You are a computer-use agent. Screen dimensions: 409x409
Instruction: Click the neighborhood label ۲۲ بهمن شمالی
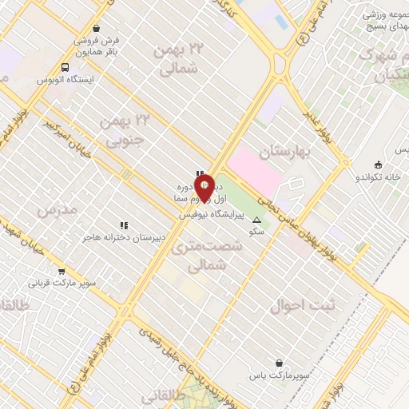[x=179, y=60]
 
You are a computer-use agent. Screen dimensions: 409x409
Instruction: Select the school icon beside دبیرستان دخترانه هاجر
[x=124, y=226]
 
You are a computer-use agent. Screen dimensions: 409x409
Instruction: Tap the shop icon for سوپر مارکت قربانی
[x=62, y=271]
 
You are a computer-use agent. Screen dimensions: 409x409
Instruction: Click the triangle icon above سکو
[x=256, y=220]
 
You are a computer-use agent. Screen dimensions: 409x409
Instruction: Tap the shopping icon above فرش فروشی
[x=96, y=28]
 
